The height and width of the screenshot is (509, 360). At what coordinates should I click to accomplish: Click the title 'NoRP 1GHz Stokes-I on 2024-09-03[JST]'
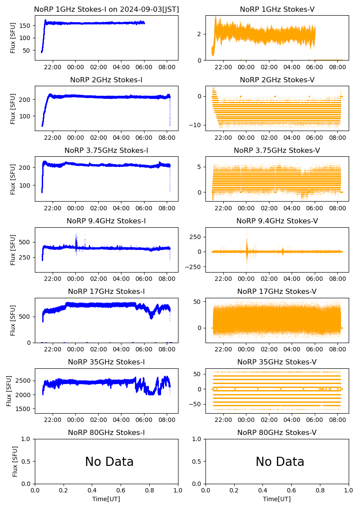click(106, 9)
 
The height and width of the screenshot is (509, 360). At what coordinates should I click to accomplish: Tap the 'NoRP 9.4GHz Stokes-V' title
click(277, 221)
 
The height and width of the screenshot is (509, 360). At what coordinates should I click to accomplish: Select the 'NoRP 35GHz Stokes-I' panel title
click(106, 362)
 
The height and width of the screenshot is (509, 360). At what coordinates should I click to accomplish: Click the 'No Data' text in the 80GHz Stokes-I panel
click(109, 462)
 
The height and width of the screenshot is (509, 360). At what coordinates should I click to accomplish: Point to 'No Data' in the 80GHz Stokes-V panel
click(280, 462)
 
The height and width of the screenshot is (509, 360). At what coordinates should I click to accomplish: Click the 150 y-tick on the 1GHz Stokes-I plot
click(25, 26)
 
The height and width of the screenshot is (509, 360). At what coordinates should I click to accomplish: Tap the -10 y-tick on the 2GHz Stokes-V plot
click(196, 125)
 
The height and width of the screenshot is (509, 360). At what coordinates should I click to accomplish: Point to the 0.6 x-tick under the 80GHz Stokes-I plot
click(121, 491)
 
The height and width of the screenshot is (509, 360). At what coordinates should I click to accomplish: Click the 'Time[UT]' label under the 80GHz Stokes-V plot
click(277, 499)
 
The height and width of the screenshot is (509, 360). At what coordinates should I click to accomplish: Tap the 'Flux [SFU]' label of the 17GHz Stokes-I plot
click(13, 320)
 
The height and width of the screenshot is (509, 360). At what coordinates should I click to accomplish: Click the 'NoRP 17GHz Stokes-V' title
click(277, 291)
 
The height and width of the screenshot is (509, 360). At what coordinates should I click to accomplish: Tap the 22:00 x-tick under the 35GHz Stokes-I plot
click(53, 420)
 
